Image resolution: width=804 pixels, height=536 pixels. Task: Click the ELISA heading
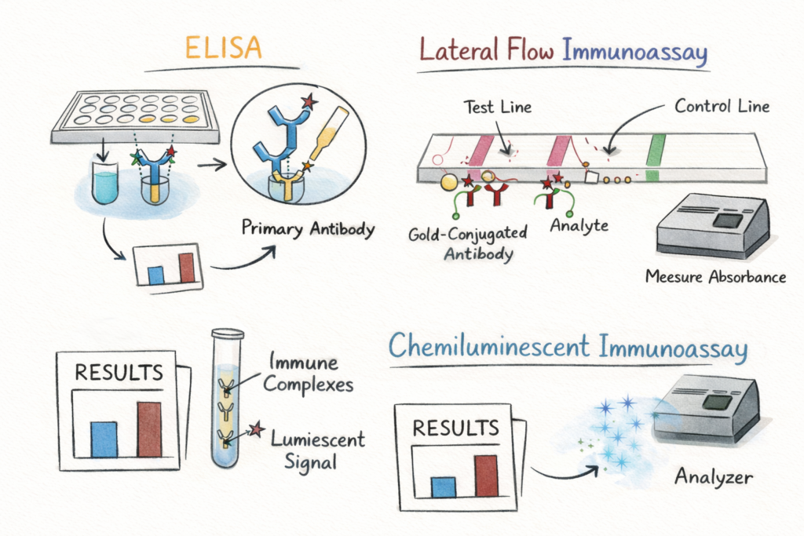pyautogui.click(x=223, y=48)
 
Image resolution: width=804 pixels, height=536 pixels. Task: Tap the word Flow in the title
pyautogui.click(x=531, y=50)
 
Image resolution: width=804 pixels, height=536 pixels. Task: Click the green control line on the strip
pyautogui.click(x=654, y=157)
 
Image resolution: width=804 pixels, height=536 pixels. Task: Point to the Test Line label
pyautogui.click(x=497, y=107)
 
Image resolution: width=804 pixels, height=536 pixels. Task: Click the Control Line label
pyautogui.click(x=722, y=106)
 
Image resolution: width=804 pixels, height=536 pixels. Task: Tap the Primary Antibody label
pyautogui.click(x=308, y=228)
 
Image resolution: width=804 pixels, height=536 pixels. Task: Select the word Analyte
pyautogui.click(x=579, y=225)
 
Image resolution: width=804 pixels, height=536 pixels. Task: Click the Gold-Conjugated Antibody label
pyautogui.click(x=468, y=243)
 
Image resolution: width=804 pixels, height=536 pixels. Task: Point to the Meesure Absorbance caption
pyautogui.click(x=715, y=277)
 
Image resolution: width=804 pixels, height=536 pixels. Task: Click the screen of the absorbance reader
pyautogui.click(x=728, y=221)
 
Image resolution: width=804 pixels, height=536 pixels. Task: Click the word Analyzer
pyautogui.click(x=713, y=477)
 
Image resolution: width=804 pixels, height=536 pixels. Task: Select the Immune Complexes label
pyautogui.click(x=308, y=373)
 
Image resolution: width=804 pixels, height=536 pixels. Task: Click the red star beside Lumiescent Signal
pyautogui.click(x=257, y=429)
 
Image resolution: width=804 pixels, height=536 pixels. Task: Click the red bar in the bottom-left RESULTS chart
pyautogui.click(x=149, y=429)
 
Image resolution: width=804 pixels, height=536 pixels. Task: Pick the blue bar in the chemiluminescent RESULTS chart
pyautogui.click(x=444, y=487)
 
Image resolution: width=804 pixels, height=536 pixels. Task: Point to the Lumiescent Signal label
pyautogui.click(x=318, y=450)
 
